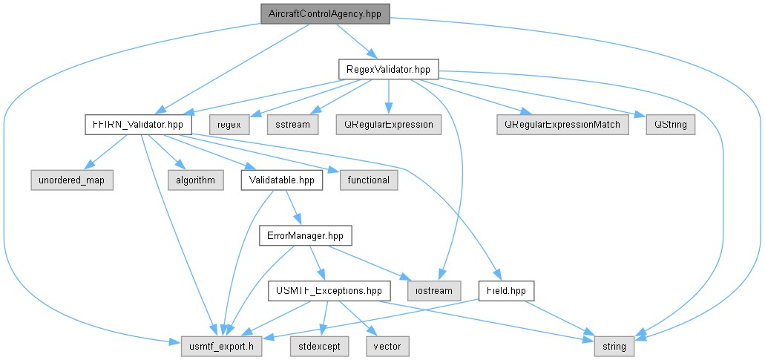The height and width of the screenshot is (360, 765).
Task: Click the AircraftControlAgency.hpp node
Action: [x=326, y=13]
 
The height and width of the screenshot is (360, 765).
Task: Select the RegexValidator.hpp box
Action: [x=388, y=70]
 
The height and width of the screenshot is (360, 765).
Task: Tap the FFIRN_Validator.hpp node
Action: [x=138, y=125]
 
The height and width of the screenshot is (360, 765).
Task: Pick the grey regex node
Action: [x=230, y=125]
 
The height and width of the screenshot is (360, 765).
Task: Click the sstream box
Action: [x=293, y=125]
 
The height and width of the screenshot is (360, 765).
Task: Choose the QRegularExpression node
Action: [x=388, y=125]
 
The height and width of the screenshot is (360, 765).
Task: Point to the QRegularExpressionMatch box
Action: [x=563, y=125]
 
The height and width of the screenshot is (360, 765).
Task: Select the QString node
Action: [x=670, y=125]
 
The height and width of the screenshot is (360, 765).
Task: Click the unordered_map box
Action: [x=72, y=180]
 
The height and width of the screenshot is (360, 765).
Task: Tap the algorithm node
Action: [x=196, y=180]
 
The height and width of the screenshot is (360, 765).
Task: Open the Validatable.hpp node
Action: [x=282, y=180]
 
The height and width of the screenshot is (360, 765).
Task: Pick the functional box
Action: [x=369, y=180]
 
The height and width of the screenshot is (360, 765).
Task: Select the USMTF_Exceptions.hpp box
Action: [x=329, y=291]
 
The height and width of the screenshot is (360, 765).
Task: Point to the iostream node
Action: [x=434, y=291]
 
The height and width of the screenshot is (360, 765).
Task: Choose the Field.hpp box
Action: [x=507, y=291]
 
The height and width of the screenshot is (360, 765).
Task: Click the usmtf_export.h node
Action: [x=222, y=347]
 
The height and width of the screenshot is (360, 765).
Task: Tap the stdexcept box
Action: [x=320, y=347]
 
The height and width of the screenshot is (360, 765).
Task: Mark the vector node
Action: [x=387, y=347]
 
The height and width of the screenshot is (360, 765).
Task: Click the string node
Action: [x=614, y=347]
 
